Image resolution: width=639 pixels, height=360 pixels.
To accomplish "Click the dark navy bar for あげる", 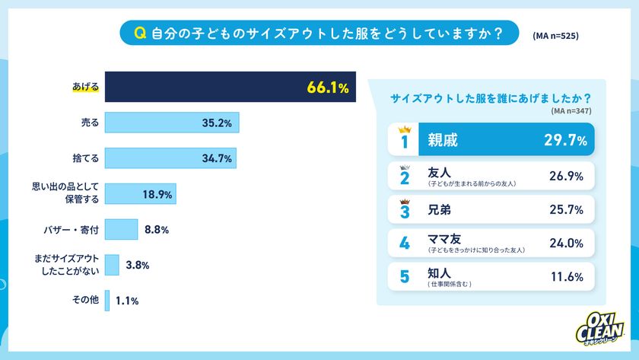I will [x=205, y=88].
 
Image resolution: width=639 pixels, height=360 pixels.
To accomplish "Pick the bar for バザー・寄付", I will [x=121, y=229].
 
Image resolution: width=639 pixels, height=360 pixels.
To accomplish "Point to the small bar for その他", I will [x=107, y=300].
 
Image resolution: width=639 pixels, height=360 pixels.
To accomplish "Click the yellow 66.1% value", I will [x=328, y=88].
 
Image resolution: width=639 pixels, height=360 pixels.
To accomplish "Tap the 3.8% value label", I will [x=138, y=265].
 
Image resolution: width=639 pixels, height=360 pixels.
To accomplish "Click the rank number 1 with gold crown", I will [x=404, y=139].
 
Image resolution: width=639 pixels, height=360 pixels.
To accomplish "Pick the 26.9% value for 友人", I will [x=566, y=176].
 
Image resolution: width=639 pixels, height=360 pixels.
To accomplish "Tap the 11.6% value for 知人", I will [x=566, y=277].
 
